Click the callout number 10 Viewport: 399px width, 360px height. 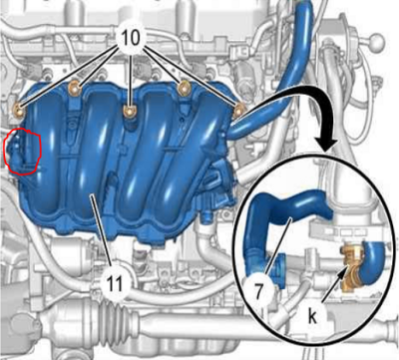(132, 38)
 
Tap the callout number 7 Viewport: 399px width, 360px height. (259, 291)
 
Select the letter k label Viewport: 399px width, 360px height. (312, 317)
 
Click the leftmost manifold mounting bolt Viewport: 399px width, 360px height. (19, 111)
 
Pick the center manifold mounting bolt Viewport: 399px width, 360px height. (129, 111)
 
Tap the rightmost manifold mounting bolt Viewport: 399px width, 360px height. (238, 111)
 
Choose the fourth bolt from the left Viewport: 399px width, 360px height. (184, 88)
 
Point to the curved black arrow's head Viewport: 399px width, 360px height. (326, 143)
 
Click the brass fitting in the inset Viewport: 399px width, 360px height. (352, 265)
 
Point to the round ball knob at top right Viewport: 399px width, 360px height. (378, 41)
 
